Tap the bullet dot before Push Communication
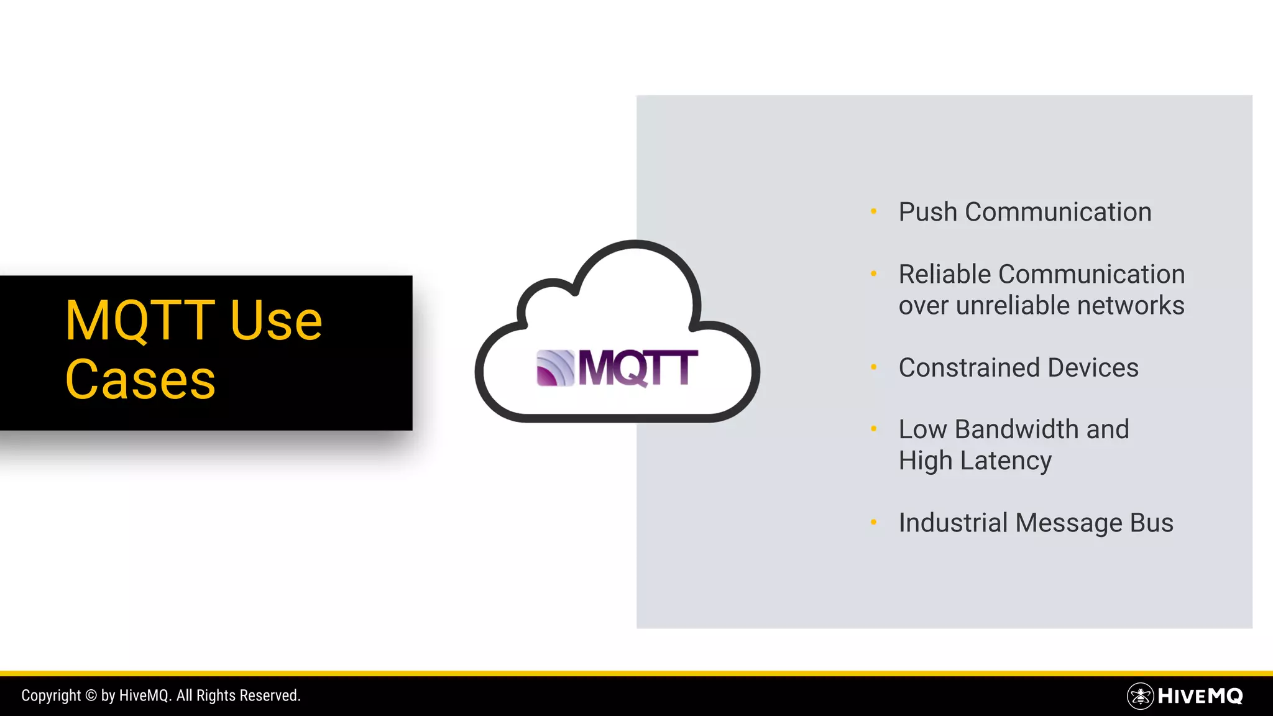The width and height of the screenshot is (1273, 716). point(873,211)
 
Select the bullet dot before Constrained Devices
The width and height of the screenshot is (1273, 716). point(873,367)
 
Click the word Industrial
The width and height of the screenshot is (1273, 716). point(953,523)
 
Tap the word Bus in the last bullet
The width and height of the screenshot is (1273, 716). point(1152,523)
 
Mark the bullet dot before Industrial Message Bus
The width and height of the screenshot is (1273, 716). point(873,523)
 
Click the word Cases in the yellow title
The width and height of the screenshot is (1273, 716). point(140,380)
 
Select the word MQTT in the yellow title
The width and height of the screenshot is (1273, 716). point(140,321)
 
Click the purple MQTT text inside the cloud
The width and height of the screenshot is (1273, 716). point(638,368)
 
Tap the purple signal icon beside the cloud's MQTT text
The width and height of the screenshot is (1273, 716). point(555,368)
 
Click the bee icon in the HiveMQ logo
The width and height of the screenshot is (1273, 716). point(1140,696)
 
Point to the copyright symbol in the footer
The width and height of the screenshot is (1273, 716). point(91,695)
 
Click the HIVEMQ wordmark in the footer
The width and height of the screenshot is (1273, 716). point(1200,696)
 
